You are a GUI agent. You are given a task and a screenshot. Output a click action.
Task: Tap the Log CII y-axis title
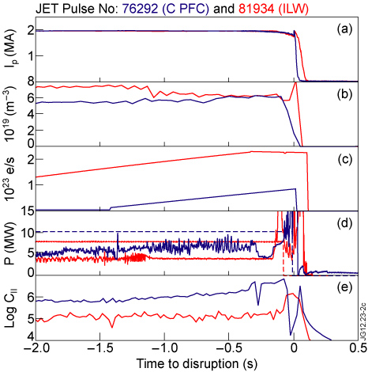pyautogui.click(x=10, y=306)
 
